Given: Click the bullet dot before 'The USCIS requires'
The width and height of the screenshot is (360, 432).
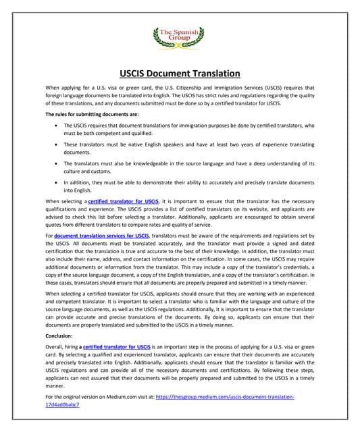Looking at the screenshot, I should click(54, 126).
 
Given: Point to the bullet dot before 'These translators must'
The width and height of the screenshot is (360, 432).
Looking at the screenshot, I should click(54, 144).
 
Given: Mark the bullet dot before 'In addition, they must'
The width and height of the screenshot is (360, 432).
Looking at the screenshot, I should click(54, 182).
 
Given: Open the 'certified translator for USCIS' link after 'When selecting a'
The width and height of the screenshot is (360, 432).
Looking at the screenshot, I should click(123, 201).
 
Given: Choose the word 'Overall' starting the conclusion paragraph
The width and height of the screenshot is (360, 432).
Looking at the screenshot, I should click(56, 346).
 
